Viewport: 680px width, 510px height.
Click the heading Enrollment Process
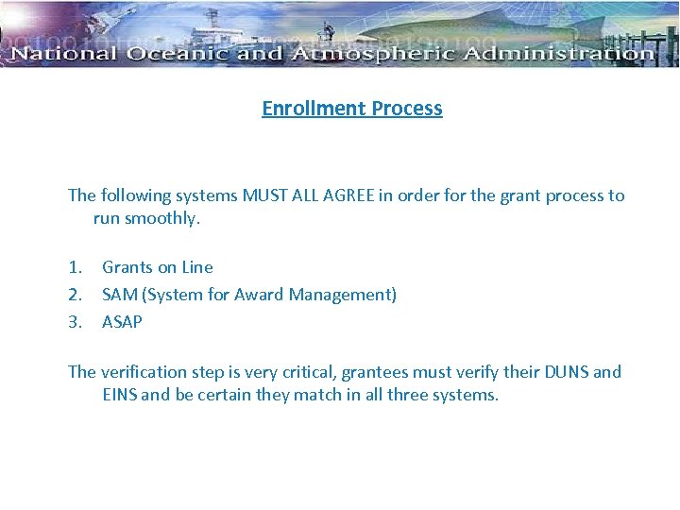click(351, 108)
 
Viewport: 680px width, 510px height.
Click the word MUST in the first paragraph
click(266, 195)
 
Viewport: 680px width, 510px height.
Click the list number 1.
click(75, 267)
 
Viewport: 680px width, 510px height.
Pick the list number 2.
click(75, 295)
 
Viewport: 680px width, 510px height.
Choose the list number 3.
click(75, 322)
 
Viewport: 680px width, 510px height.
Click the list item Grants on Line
click(158, 267)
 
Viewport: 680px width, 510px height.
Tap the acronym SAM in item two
click(120, 295)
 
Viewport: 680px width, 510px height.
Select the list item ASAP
click(122, 322)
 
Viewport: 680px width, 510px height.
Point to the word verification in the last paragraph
click(143, 372)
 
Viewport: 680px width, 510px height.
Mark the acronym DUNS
click(566, 372)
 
